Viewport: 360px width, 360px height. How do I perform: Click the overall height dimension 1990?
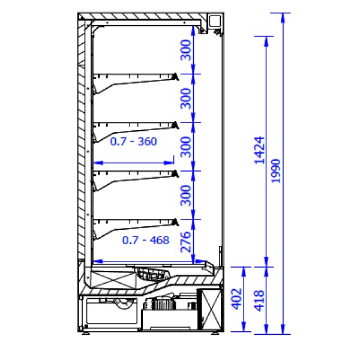pyautogui.click(x=276, y=171)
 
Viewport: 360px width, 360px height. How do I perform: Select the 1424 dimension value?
pyautogui.click(x=259, y=151)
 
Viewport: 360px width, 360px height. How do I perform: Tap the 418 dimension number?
pyautogui.click(x=259, y=301)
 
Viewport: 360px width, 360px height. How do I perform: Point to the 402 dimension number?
pyautogui.click(x=236, y=299)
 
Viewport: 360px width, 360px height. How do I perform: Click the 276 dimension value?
pyautogui.click(x=186, y=242)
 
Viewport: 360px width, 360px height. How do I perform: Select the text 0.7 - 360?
pyautogui.click(x=134, y=142)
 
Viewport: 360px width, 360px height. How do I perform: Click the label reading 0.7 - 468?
pyautogui.click(x=146, y=241)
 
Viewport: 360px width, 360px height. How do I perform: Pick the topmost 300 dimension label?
pyautogui.click(x=186, y=50)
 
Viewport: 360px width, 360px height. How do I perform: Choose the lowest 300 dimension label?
pyautogui.click(x=186, y=196)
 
